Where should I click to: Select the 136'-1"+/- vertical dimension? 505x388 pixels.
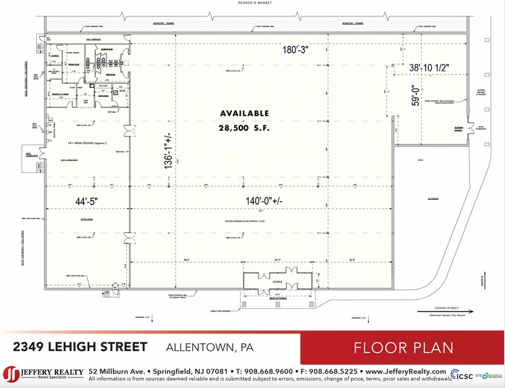(x=171, y=151)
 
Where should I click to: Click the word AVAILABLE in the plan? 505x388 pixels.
(x=245, y=113)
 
